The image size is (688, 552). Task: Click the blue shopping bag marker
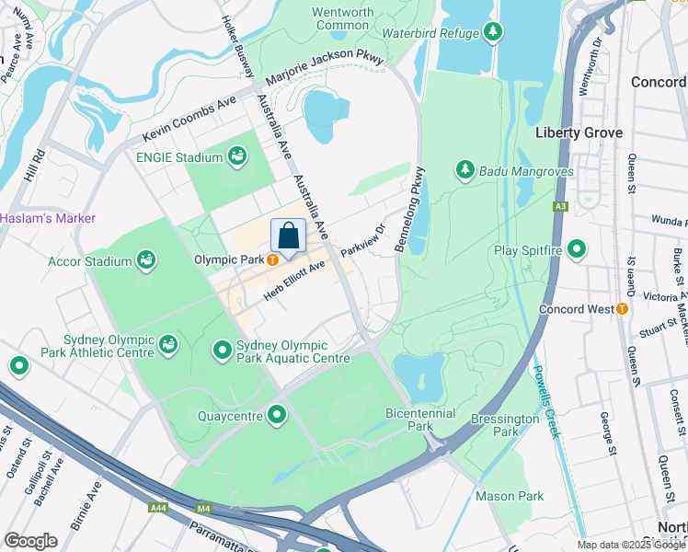pyautogui.click(x=288, y=236)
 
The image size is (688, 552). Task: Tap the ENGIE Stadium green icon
pyautogui.click(x=238, y=157)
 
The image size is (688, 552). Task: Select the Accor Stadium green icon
pyautogui.click(x=146, y=261)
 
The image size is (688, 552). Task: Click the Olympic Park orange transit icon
pyautogui.click(x=273, y=260)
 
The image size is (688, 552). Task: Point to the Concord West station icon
pyautogui.click(x=622, y=309)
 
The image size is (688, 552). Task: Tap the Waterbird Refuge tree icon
pyautogui.click(x=493, y=33)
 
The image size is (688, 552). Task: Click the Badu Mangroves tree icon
pyautogui.click(x=465, y=170)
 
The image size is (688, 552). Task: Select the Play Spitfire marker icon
pyautogui.click(x=577, y=249)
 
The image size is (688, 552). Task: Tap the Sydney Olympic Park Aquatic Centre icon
pyautogui.click(x=222, y=351)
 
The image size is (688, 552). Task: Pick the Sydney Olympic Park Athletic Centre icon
pyautogui.click(x=167, y=344)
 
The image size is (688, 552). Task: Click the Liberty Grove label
pyautogui.click(x=578, y=132)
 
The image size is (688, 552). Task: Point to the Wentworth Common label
pyautogui.click(x=343, y=18)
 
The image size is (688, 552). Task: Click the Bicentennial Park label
pyautogui.click(x=420, y=420)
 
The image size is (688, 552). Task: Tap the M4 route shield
pyautogui.click(x=202, y=508)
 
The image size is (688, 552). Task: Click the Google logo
pyautogui.click(x=30, y=541)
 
